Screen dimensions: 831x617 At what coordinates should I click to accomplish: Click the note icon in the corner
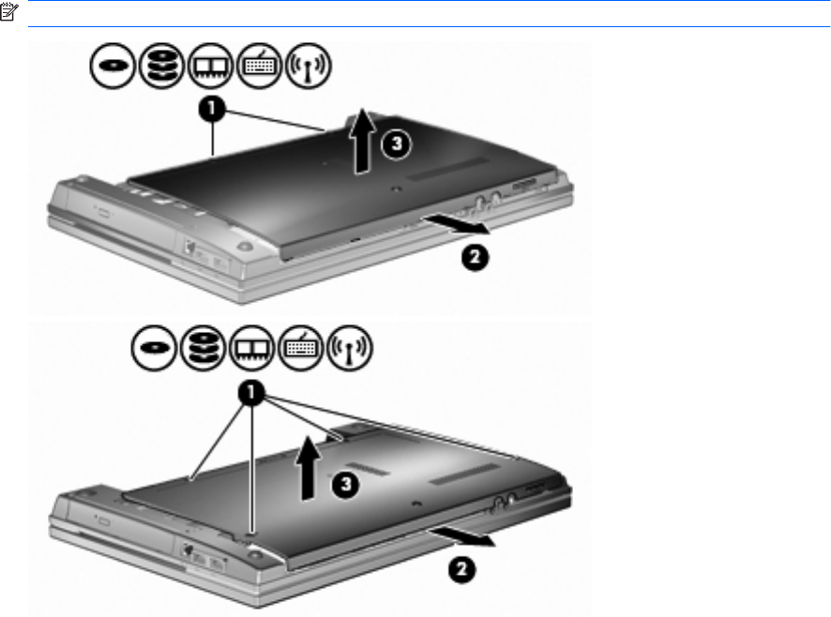coord(9,11)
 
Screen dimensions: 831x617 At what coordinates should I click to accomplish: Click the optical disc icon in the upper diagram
coord(113,66)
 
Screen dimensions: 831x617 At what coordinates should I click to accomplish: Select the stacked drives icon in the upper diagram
coord(161,66)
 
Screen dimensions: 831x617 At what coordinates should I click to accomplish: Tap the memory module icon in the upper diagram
coord(210,66)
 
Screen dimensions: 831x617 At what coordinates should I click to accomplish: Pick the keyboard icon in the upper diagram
coord(259,66)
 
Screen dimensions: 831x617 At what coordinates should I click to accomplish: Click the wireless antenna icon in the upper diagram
coord(308,66)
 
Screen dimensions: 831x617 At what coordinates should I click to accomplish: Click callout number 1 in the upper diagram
coord(212,109)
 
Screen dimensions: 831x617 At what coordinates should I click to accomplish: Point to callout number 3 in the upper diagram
coord(397,143)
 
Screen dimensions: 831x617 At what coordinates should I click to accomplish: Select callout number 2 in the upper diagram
coord(475,258)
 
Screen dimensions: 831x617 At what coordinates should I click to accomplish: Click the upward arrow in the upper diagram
coord(362,141)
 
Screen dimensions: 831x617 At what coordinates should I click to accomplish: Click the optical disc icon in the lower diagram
coord(154,348)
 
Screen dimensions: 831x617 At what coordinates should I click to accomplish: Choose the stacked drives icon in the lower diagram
coord(203,348)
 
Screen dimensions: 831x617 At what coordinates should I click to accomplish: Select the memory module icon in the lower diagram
coord(251,348)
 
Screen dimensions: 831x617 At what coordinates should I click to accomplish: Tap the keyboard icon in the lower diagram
coord(300,348)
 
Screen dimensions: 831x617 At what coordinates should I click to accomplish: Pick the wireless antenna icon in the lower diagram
coord(349,348)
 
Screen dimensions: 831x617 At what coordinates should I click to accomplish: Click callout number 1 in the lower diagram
coord(251,393)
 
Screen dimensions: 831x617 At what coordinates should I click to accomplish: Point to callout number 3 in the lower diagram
coord(345,484)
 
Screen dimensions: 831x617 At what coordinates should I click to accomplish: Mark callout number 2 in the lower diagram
coord(461,570)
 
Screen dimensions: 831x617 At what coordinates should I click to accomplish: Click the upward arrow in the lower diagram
coord(308,468)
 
